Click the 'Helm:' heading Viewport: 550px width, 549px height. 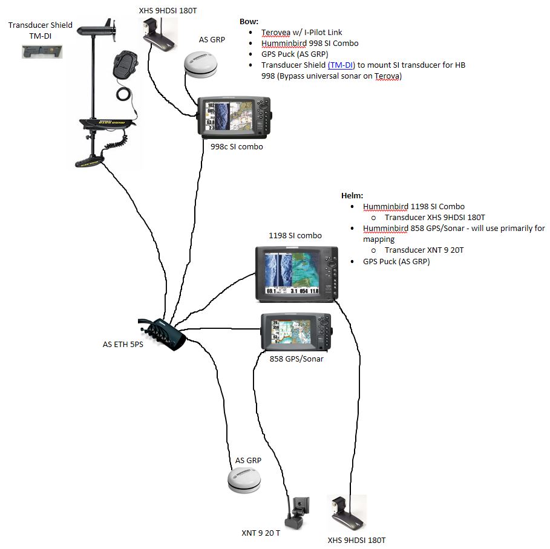[352, 196]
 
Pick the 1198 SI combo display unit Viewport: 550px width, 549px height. [295, 273]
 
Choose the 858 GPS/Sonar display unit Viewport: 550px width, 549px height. [296, 331]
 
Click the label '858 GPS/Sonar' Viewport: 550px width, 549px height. [296, 359]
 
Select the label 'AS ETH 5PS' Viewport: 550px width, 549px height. [123, 345]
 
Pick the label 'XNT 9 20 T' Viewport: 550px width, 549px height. [261, 533]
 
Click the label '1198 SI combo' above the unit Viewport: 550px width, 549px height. [295, 235]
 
